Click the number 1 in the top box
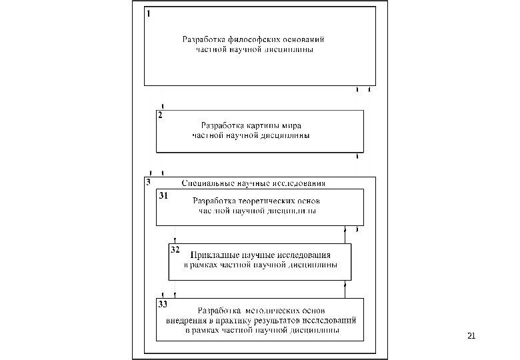click(x=149, y=12)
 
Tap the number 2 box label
click(x=160, y=115)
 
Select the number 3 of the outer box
click(x=148, y=181)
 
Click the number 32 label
click(x=175, y=251)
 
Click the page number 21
click(x=472, y=335)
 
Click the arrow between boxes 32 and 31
click(x=345, y=234)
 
